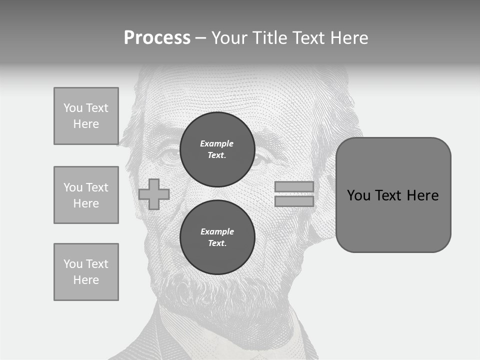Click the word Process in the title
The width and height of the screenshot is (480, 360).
[157, 38]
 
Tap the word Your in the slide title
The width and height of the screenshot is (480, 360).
[230, 38]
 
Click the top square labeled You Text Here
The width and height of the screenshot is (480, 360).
[86, 116]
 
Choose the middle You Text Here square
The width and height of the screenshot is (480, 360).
[86, 195]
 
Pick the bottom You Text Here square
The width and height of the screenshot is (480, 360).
[86, 272]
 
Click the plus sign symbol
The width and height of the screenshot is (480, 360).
[153, 194]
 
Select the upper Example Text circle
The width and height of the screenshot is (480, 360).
[217, 149]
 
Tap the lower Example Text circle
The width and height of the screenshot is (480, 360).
[217, 237]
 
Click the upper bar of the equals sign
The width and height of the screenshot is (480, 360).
[294, 186]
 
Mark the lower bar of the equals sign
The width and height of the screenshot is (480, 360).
[294, 201]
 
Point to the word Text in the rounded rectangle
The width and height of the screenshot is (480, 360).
[388, 195]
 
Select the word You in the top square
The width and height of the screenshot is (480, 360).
[73, 108]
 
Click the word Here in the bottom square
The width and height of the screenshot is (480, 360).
[86, 280]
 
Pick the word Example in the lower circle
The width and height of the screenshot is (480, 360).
[217, 231]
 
